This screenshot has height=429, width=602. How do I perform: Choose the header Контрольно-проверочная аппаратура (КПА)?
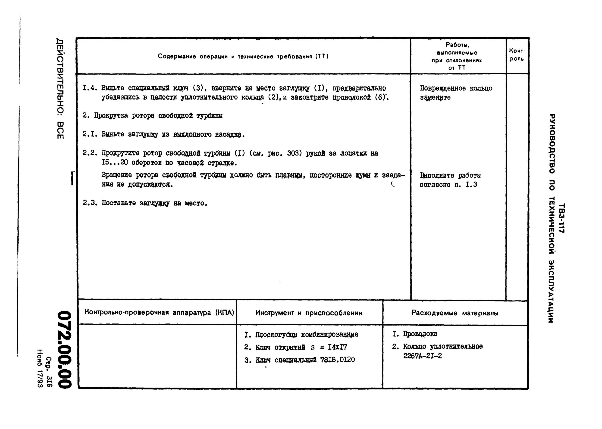click(x=159, y=313)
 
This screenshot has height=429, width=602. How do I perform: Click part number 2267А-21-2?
click(x=422, y=356)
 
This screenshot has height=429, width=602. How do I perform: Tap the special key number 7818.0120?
click(x=337, y=360)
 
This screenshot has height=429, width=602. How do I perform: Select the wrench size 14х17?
click(x=337, y=347)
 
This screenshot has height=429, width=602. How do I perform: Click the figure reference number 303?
click(x=292, y=153)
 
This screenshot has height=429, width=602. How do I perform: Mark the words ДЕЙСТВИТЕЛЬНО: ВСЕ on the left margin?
click(x=60, y=88)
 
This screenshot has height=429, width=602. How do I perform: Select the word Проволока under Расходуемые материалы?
click(x=420, y=334)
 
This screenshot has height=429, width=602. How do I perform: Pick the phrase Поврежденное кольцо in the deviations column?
click(x=456, y=88)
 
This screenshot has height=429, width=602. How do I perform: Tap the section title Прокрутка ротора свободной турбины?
click(x=158, y=116)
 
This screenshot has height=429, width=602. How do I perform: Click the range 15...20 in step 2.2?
click(x=115, y=163)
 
